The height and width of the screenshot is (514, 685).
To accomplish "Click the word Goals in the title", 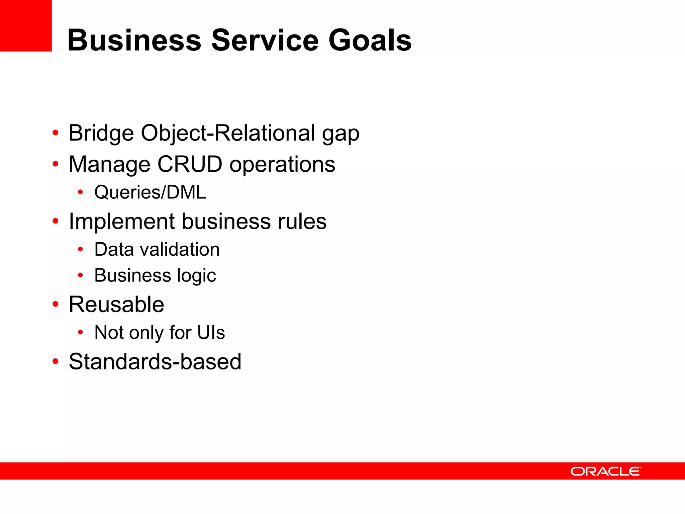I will point(370,40).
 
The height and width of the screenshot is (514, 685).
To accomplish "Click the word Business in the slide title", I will point(134,40).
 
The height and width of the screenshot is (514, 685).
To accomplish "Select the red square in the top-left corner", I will point(26,26).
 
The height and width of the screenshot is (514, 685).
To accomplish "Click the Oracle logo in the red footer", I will point(606,472).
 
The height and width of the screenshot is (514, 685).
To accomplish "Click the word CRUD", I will point(190,164).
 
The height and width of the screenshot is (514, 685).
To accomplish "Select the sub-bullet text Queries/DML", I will point(150,192).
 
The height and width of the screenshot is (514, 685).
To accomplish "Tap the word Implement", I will point(122,222).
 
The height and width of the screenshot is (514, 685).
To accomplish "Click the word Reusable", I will point(116,305).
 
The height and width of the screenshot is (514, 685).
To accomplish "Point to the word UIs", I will point(211,333).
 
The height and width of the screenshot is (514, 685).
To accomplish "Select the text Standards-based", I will point(155,362).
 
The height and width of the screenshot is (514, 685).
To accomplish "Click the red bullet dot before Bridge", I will point(56,133).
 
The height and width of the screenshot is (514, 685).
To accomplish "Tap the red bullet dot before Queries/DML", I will point(80,192).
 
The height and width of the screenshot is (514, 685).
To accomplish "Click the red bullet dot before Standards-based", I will point(56,361).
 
